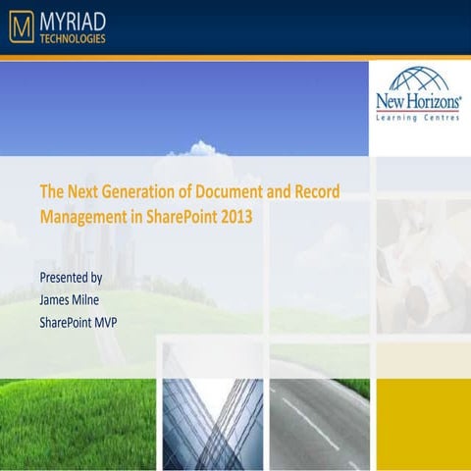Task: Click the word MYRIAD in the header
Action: pyautogui.click(x=73, y=20)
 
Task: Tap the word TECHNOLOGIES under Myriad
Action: pyautogui.click(x=73, y=39)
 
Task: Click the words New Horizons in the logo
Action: pyautogui.click(x=419, y=102)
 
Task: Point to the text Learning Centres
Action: pyautogui.click(x=419, y=119)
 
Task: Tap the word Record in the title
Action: pyautogui.click(x=316, y=190)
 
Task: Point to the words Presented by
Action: pyautogui.click(x=71, y=278)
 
